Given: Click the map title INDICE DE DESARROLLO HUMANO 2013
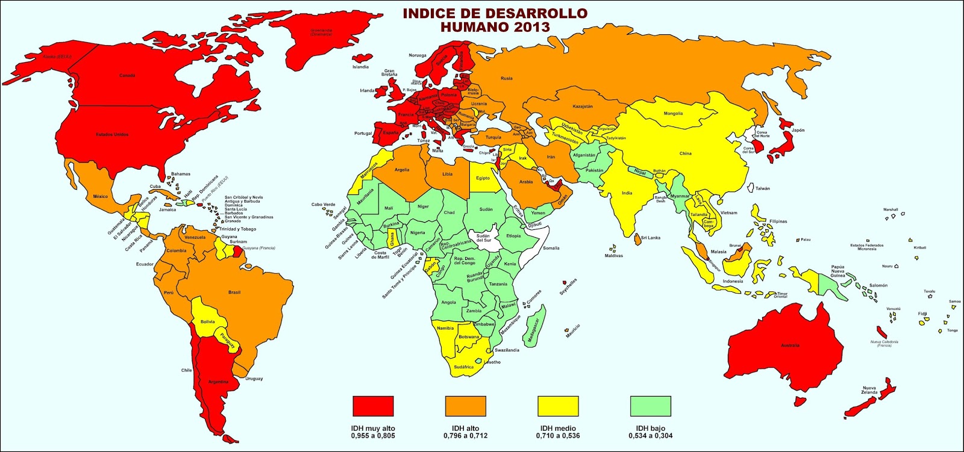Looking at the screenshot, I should (495, 20).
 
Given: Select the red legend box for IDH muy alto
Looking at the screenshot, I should (373, 406).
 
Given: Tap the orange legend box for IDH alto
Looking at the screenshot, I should (465, 406).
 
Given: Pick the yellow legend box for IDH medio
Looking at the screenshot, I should (558, 406).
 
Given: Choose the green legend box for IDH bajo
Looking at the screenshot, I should (650, 406).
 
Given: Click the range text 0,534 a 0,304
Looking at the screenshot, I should (650, 435).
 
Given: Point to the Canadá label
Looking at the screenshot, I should (127, 76).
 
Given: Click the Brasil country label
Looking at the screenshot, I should (234, 293).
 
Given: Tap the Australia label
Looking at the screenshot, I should (790, 345).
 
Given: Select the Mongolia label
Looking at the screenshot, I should (673, 114).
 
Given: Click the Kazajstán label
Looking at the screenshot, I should (582, 107).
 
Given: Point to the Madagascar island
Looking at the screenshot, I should (535, 325).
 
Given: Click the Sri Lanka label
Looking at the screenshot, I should (650, 238).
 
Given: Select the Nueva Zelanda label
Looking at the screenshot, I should (869, 390).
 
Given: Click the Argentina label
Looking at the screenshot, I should (218, 382).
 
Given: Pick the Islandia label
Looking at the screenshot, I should (360, 67).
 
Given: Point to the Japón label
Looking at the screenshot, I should (798, 131).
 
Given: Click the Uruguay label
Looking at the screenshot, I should (254, 379).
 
